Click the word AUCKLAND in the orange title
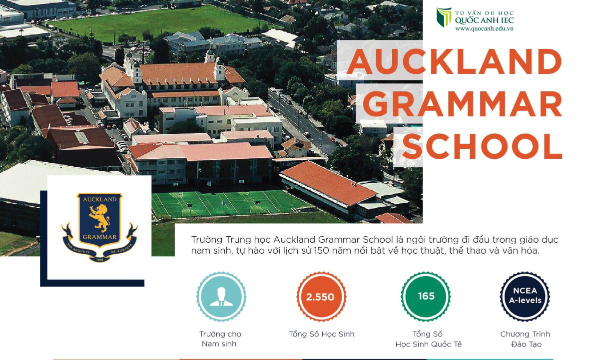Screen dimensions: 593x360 click(x=454, y=61)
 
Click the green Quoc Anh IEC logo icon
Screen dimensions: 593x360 click(x=444, y=17)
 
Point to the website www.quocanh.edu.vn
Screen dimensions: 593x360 click(x=484, y=29)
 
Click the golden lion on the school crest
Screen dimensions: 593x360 click(x=99, y=217)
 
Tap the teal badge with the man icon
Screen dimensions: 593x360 click(x=221, y=297)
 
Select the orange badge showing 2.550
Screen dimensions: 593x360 click(x=321, y=297)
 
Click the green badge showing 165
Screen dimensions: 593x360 click(x=426, y=297)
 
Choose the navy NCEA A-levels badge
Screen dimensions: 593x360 click(x=525, y=297)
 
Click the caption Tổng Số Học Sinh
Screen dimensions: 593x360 click(x=321, y=334)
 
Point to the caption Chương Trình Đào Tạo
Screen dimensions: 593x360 click(x=525, y=339)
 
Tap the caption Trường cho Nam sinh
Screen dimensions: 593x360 click(x=220, y=339)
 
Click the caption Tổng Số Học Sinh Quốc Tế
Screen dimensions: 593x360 click(x=429, y=339)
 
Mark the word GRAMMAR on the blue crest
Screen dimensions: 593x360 click(x=99, y=237)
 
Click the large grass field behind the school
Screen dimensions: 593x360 click(x=159, y=23)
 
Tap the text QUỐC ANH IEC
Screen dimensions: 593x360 click(x=485, y=20)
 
